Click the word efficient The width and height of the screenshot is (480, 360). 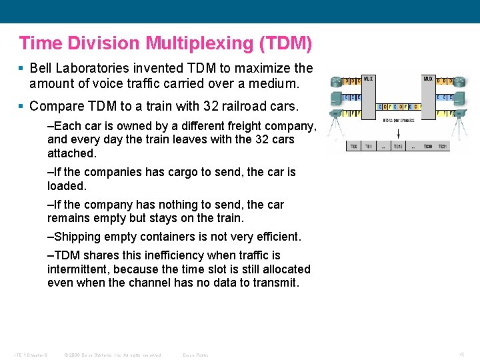[276, 237]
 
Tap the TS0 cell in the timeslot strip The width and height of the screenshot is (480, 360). [354, 146]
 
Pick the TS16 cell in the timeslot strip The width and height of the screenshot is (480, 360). [398, 146]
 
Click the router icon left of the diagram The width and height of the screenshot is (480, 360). [335, 82]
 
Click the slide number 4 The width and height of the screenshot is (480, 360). [463, 354]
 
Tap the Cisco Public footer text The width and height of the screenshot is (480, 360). [195, 355]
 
